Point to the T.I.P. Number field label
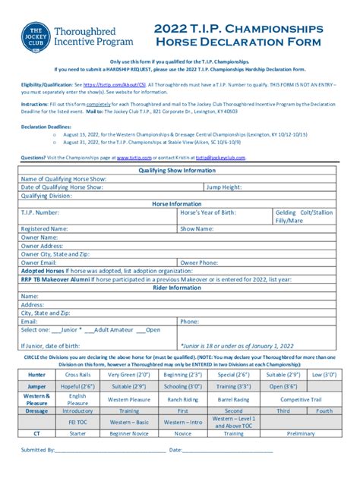(x=39, y=212)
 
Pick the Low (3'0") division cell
(x=324, y=375)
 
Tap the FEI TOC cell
(x=77, y=422)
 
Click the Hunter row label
(x=36, y=375)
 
